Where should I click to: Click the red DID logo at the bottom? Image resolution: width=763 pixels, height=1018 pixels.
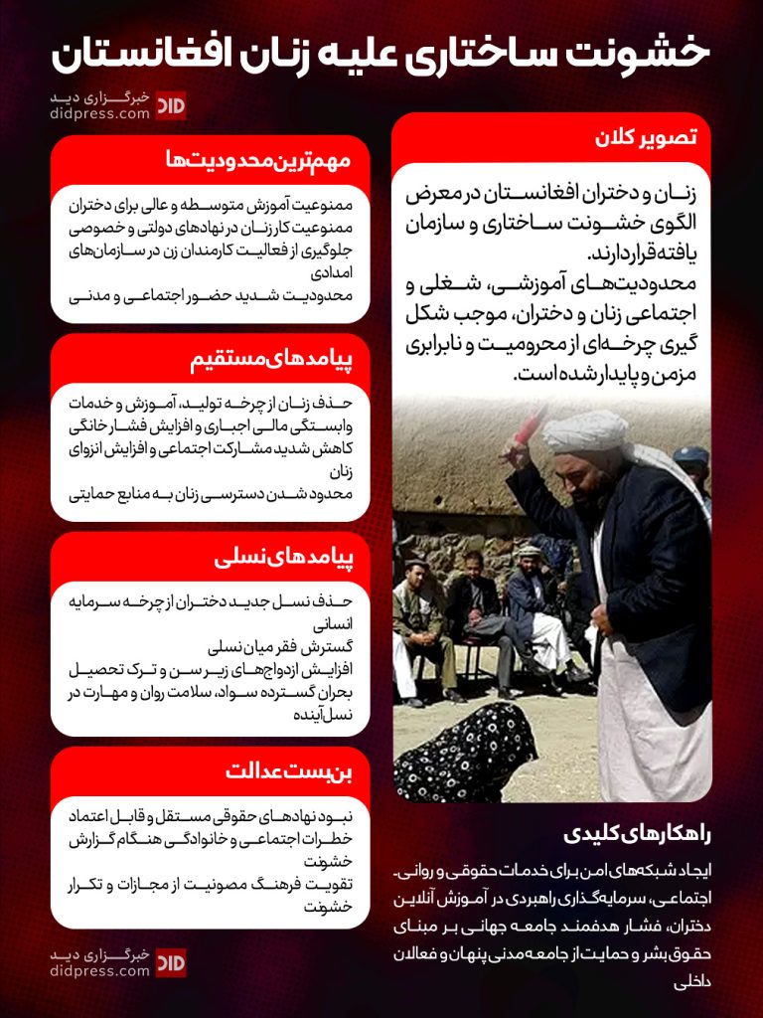pos(171,962)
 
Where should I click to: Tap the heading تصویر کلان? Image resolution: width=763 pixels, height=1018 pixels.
pos(651,138)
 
